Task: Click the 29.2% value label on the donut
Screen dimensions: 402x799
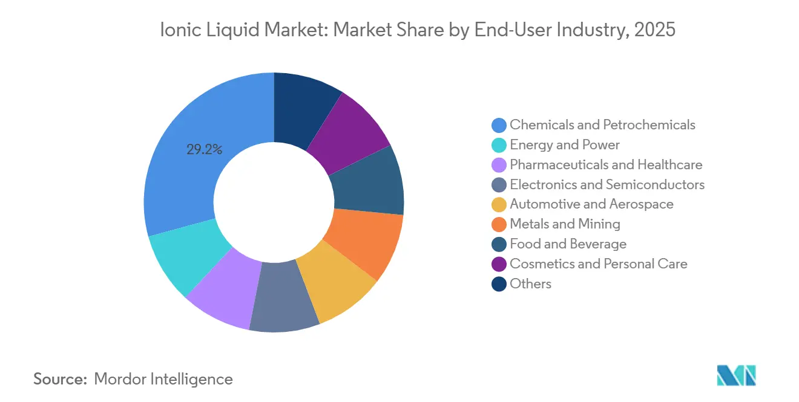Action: pyautogui.click(x=204, y=149)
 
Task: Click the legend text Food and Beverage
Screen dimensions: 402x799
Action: pyautogui.click(x=568, y=244)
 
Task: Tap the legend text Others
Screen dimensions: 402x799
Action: pyautogui.click(x=530, y=284)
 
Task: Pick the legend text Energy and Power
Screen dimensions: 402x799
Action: pyautogui.click(x=564, y=144)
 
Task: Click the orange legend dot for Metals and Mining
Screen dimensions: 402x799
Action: pyautogui.click(x=499, y=224)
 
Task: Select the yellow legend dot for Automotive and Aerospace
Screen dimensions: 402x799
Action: pyautogui.click(x=499, y=204)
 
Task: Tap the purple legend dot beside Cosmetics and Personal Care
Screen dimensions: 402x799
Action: pyautogui.click(x=499, y=264)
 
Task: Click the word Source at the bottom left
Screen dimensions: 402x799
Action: pyautogui.click(x=61, y=379)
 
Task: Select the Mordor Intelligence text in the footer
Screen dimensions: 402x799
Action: pyautogui.click(x=163, y=379)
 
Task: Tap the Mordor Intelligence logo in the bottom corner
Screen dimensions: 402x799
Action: pyautogui.click(x=736, y=375)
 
